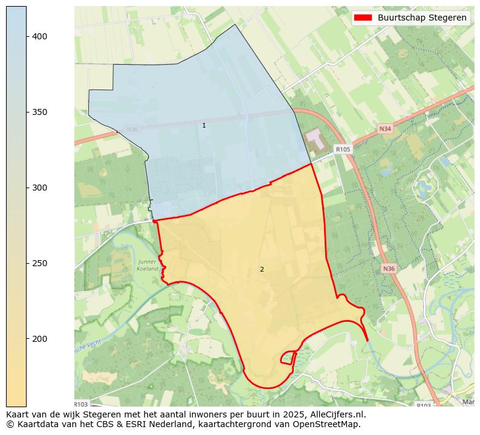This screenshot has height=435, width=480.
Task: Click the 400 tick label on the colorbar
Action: (x=40, y=37)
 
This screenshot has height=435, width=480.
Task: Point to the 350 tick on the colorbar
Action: (x=40, y=113)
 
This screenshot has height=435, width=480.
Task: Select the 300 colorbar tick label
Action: (x=40, y=188)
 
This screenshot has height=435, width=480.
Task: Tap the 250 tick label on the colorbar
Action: (x=40, y=263)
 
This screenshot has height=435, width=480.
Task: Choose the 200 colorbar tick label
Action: (x=40, y=339)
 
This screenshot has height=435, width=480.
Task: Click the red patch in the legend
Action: (x=363, y=18)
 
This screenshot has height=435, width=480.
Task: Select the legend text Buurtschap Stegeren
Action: (x=422, y=18)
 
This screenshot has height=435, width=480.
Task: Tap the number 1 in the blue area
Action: (x=204, y=125)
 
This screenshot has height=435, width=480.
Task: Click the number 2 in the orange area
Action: (x=262, y=269)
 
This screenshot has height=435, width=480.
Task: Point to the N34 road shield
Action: (x=385, y=129)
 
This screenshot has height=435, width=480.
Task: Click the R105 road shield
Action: (x=343, y=149)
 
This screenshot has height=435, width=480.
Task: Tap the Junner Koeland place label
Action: (x=148, y=265)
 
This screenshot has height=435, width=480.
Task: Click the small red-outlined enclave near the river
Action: (x=287, y=358)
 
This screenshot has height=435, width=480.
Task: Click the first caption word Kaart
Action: (x=18, y=415)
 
